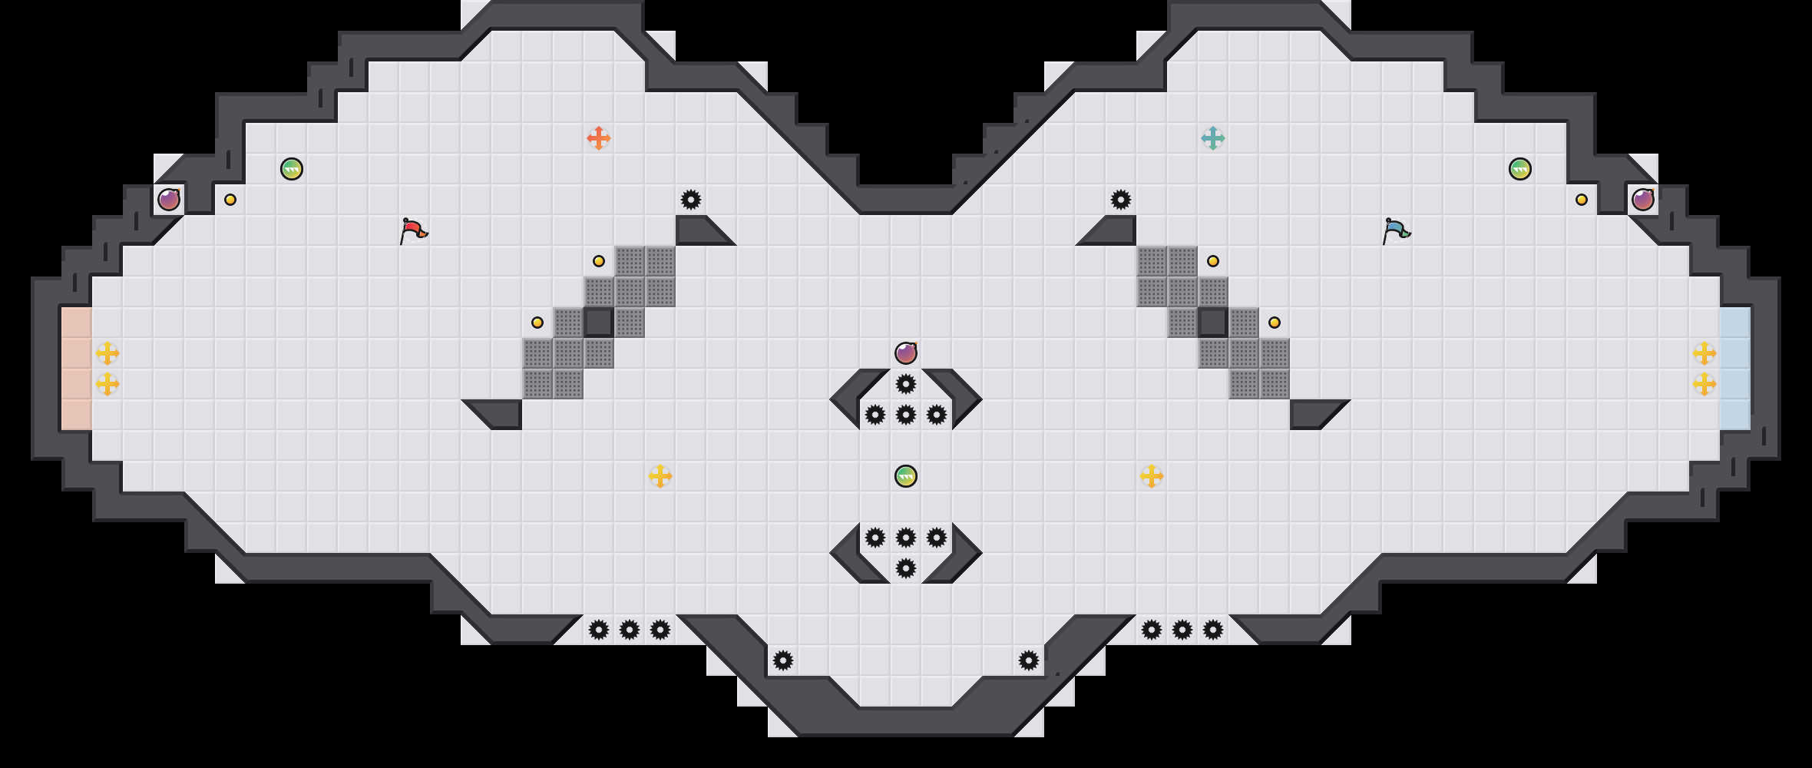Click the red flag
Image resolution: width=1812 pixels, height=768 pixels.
coord(413,230)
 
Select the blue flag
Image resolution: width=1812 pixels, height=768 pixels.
coord(1396,230)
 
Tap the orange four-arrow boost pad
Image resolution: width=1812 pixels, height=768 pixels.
coord(599,138)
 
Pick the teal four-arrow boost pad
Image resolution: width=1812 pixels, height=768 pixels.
coord(1213,138)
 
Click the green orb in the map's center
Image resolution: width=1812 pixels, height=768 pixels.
coord(906,476)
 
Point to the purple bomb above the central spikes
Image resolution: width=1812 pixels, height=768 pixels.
coord(906,353)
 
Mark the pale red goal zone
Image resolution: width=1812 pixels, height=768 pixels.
coord(77,369)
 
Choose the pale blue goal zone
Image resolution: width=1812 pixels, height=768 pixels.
coord(1735,369)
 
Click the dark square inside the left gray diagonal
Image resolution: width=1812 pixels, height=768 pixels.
coord(599,323)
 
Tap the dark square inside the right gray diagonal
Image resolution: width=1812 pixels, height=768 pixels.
coord(1213,323)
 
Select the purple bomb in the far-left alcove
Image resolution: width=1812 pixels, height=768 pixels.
coord(169,200)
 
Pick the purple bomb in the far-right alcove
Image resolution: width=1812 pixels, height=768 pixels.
coord(1643,200)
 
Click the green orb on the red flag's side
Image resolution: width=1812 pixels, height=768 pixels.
coord(292,169)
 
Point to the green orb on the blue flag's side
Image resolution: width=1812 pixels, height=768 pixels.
coord(1520,169)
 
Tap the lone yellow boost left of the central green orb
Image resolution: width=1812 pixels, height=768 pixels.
coord(660,476)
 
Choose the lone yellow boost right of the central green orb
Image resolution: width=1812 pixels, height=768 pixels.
coord(1152,476)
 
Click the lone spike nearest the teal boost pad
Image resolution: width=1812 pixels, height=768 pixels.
coord(1121,200)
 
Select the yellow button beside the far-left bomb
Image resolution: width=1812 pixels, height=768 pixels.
coord(230,200)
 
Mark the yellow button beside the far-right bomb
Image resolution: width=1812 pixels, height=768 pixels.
coord(1582,200)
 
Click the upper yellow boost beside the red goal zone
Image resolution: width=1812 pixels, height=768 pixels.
coord(107,353)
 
